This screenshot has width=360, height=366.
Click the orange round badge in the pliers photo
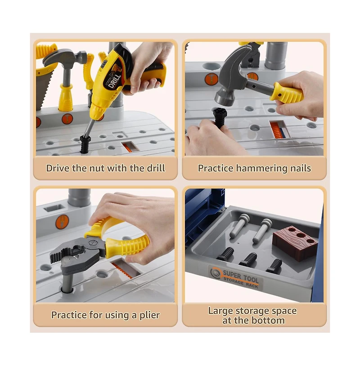(62, 222)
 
